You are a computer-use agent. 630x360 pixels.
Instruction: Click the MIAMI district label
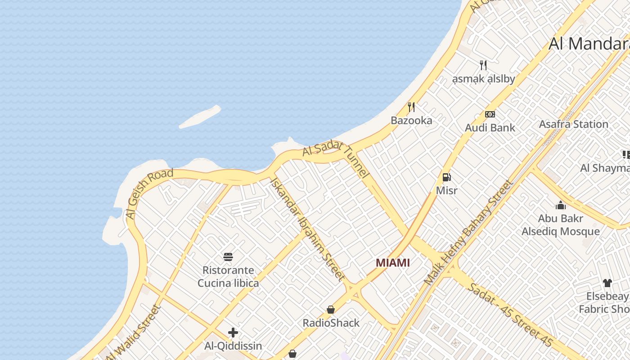pos(393,263)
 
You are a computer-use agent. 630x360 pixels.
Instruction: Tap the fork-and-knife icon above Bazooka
pos(411,107)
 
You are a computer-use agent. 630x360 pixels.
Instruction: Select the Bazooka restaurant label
pos(411,121)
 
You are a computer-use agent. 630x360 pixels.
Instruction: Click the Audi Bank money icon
pos(490,114)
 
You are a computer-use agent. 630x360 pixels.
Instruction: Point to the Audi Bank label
pos(490,128)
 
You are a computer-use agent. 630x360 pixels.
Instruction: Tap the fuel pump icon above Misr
pos(446,177)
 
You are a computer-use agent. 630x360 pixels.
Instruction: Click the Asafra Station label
pos(573,124)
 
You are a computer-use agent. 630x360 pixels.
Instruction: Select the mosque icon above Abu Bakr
pos(561,206)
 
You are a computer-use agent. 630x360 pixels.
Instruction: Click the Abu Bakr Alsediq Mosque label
pos(561,225)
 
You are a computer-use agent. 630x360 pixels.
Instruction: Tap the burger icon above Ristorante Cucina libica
pos(228,257)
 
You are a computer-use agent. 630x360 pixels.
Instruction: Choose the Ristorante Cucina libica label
pos(228,277)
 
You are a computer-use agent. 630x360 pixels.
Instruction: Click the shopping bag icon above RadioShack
pos(331,310)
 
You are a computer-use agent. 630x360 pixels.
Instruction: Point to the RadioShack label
pos(331,323)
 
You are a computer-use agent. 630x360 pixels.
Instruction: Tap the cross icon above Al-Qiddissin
pos(233,333)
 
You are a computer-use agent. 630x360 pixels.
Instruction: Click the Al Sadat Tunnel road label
pos(336,160)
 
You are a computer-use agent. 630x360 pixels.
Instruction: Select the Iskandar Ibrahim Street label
pos(308,229)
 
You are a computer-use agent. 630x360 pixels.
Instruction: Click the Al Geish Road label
pos(149,194)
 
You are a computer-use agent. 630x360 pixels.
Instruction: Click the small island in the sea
pos(200,117)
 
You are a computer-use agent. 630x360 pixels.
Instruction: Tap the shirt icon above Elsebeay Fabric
pos(607,283)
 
